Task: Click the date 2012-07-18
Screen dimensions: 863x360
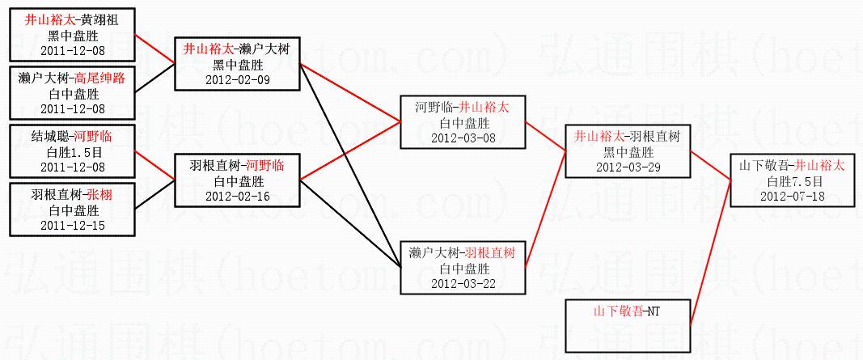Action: pyautogui.click(x=792, y=195)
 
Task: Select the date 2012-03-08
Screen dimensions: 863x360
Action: pyautogui.click(x=463, y=137)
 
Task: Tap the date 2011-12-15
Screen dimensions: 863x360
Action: pyautogui.click(x=72, y=224)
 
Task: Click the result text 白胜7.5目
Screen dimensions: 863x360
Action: pyautogui.click(x=792, y=180)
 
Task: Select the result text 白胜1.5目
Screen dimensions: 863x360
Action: pyautogui.click(x=72, y=151)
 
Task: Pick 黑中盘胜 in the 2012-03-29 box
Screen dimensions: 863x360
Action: pyautogui.click(x=628, y=151)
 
